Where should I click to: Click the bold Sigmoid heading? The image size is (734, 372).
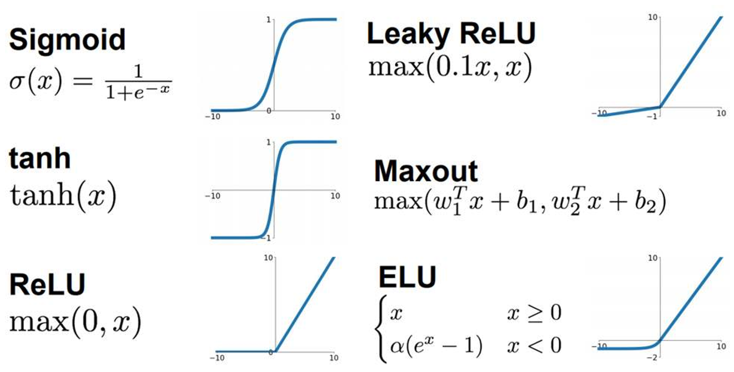click(67, 40)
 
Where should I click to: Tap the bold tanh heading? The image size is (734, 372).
click(39, 159)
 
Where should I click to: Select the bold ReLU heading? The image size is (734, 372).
click(47, 284)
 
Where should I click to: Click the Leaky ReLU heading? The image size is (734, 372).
click(451, 34)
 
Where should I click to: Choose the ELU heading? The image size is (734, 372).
click(407, 277)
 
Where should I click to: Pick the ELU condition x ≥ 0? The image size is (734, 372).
click(534, 313)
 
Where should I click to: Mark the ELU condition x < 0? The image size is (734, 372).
click(534, 346)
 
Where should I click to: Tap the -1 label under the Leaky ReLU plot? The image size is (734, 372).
click(655, 116)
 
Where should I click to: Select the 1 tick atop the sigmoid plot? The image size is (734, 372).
click(269, 20)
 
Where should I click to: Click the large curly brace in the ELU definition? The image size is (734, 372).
click(381, 330)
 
